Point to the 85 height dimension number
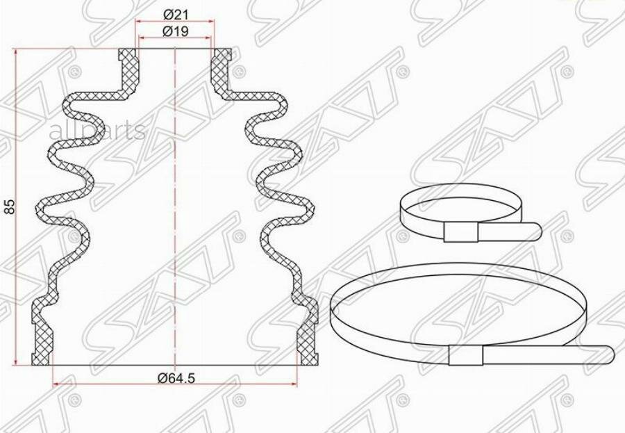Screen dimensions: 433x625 pos(9,206)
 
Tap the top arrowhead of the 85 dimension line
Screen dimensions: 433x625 pos(16,51)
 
